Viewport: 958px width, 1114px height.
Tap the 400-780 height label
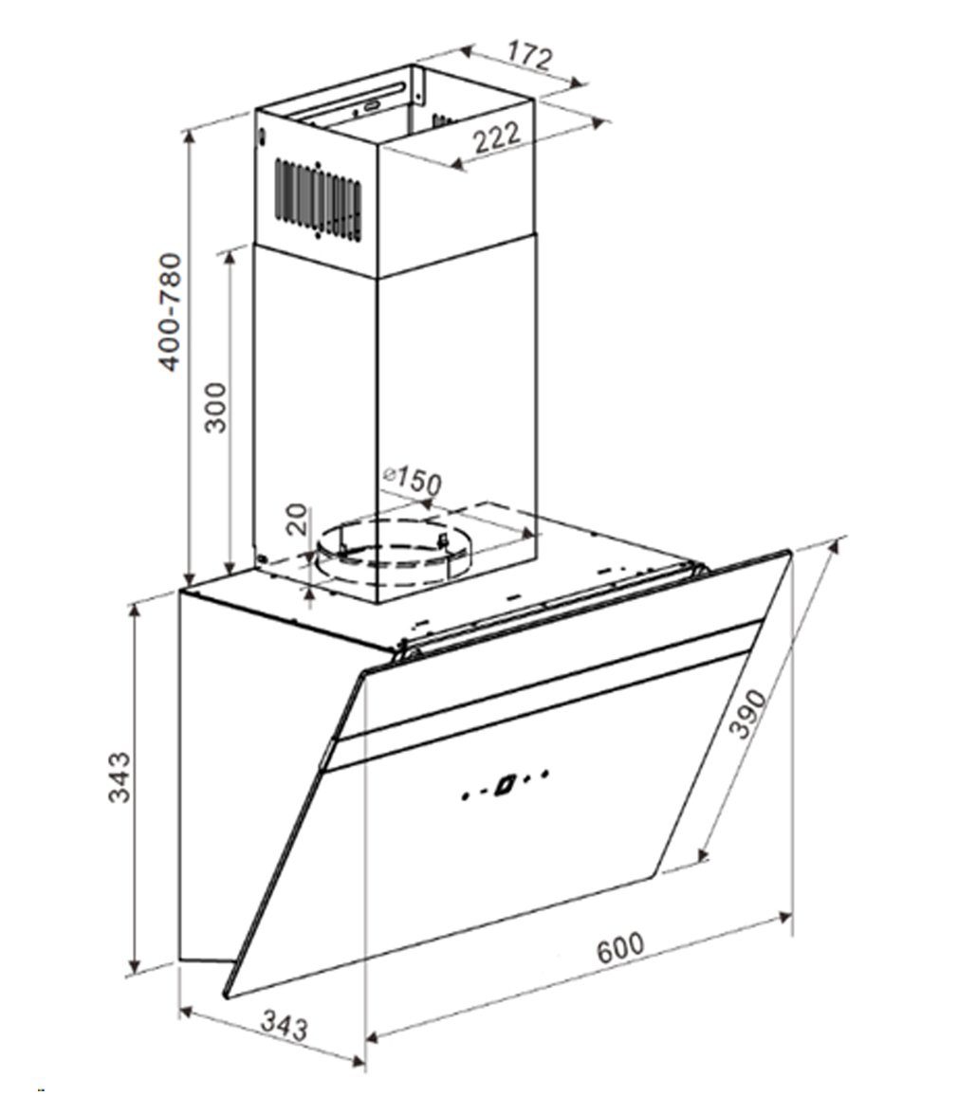171,312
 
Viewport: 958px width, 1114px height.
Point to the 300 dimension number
215,408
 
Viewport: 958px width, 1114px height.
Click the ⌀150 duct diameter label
412,481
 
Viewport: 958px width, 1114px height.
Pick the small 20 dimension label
298,520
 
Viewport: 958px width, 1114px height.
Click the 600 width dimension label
620,948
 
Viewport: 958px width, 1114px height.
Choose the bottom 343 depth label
284,1027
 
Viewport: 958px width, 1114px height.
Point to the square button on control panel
504,785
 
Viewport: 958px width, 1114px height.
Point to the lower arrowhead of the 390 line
705,854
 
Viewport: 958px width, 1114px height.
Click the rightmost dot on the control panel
545,773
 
